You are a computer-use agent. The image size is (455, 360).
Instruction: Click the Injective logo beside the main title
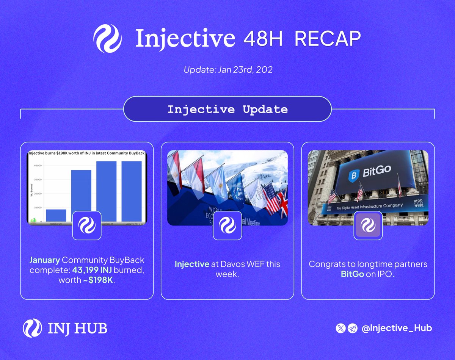click(x=107, y=38)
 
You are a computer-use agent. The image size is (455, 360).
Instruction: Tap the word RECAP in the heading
click(x=328, y=38)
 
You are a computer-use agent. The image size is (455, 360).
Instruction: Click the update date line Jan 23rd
click(x=227, y=70)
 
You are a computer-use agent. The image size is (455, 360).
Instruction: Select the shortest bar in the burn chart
click(x=56, y=215)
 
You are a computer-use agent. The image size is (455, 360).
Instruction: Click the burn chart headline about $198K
click(x=87, y=153)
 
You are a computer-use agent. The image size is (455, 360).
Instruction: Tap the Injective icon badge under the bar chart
click(x=86, y=225)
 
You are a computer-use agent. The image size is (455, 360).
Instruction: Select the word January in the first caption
click(x=44, y=261)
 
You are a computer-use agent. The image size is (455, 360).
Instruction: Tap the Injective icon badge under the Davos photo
click(x=227, y=225)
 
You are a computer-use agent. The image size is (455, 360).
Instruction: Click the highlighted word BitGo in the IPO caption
click(x=352, y=274)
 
